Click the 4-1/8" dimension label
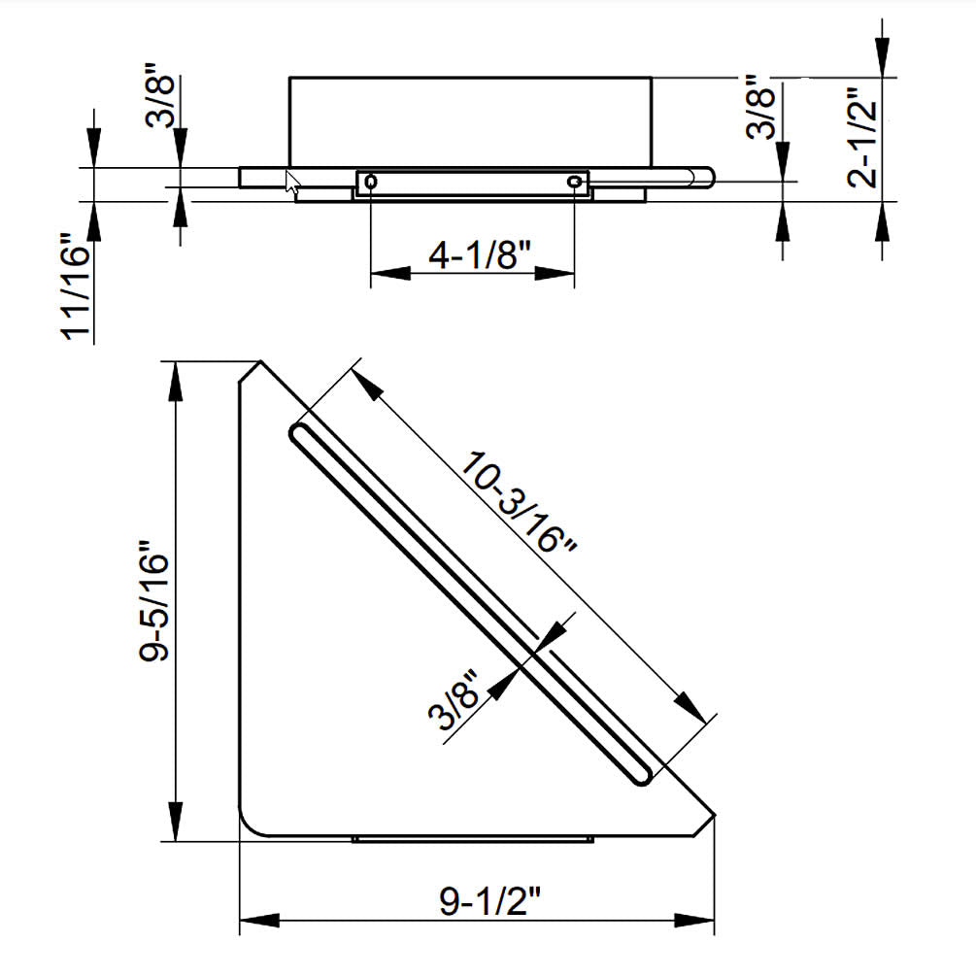(x=480, y=254)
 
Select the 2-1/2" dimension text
(x=863, y=137)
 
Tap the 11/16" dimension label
(x=76, y=286)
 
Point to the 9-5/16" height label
(x=153, y=600)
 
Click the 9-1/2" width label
(x=490, y=899)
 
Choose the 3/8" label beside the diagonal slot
(x=454, y=699)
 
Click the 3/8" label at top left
(x=160, y=95)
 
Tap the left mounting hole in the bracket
(x=371, y=182)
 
